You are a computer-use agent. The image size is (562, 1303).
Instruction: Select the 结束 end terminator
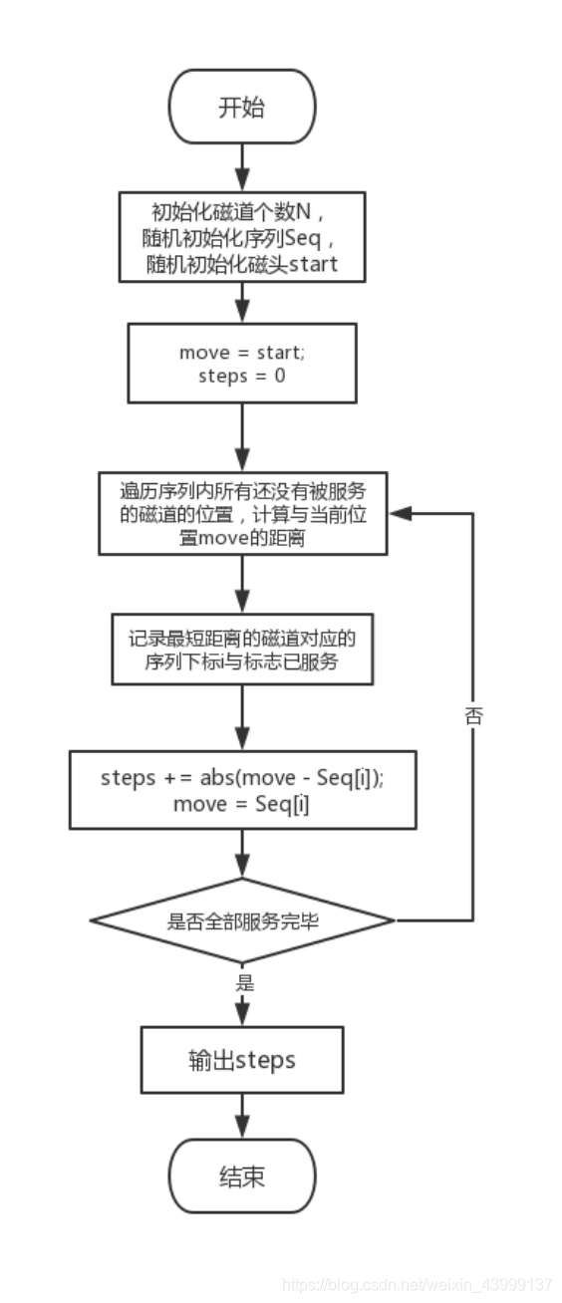click(x=242, y=1176)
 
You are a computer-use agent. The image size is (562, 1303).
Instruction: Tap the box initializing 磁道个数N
click(x=242, y=237)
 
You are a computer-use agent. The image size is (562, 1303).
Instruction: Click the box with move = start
click(x=242, y=364)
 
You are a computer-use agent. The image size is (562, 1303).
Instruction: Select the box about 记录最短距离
click(x=242, y=650)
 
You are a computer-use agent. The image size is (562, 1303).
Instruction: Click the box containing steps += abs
click(x=242, y=790)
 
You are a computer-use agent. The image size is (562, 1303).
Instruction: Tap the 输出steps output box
click(x=242, y=1060)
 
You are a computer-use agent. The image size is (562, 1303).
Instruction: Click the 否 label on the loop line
click(x=473, y=715)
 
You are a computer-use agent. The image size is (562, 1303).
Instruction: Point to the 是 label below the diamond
click(x=245, y=983)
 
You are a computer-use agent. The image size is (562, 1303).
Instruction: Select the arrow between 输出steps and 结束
click(x=242, y=1116)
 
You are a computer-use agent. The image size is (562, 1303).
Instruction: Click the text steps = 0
click(x=242, y=377)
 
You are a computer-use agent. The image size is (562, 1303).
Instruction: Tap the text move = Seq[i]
click(x=242, y=804)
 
